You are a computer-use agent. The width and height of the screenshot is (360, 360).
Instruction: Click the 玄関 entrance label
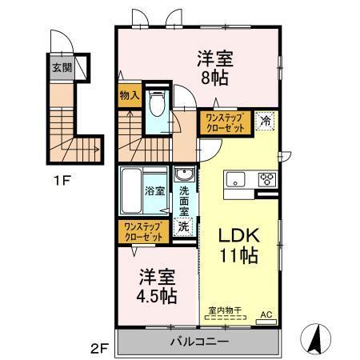(x=62, y=68)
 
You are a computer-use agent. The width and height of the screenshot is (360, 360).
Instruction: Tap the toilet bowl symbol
(x=157, y=103)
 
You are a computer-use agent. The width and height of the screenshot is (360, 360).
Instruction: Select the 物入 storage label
(x=130, y=95)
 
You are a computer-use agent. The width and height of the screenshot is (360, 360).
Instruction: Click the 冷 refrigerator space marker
(x=265, y=121)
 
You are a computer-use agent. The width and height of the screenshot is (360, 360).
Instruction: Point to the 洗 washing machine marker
(x=183, y=227)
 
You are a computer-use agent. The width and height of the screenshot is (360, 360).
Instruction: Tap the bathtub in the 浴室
(x=131, y=190)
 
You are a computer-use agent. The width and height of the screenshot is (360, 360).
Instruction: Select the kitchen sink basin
(x=235, y=179)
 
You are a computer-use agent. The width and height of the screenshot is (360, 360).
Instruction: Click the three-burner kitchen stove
(x=267, y=179)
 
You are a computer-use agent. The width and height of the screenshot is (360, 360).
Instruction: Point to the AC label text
(x=266, y=314)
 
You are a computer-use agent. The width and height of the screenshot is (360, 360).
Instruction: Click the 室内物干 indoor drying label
(x=225, y=310)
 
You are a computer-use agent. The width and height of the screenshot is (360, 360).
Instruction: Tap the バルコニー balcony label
(x=199, y=342)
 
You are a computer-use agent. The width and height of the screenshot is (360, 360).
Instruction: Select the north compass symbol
(x=316, y=339)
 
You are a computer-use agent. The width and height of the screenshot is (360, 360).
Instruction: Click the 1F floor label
(x=62, y=181)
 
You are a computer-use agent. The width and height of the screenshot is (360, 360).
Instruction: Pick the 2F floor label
(x=99, y=349)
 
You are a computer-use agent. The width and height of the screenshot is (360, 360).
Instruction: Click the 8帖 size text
(x=214, y=78)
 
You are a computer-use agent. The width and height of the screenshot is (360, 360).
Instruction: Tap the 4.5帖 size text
(x=157, y=296)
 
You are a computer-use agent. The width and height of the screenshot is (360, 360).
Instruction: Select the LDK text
(x=239, y=235)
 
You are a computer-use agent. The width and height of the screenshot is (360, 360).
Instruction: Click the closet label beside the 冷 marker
(x=226, y=122)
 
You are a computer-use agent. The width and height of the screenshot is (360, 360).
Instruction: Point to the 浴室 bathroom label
(x=155, y=191)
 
